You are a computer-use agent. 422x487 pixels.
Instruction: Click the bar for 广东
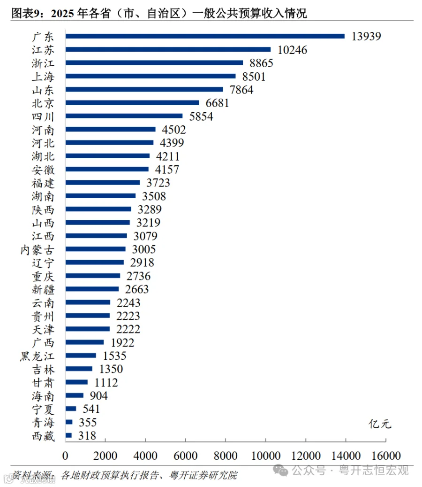pyautogui.click(x=205, y=36)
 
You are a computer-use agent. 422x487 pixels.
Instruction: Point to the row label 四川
pyautogui.click(x=43, y=116)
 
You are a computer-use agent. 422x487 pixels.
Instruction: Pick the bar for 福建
pyautogui.click(x=103, y=182)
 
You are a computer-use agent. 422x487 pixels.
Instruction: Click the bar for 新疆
pyautogui.click(x=92, y=289)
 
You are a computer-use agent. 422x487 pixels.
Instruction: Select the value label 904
pyautogui.click(x=98, y=396)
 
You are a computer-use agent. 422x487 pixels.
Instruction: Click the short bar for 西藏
pyautogui.click(x=68, y=435)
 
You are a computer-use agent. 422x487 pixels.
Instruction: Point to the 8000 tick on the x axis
pyautogui.click(x=226, y=456)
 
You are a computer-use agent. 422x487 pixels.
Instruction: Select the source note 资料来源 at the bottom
pyautogui.click(x=33, y=475)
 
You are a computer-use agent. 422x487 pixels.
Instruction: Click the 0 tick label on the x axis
pyautogui.click(x=65, y=456)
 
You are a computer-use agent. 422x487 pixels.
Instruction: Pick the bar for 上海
pyautogui.click(x=151, y=76)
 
